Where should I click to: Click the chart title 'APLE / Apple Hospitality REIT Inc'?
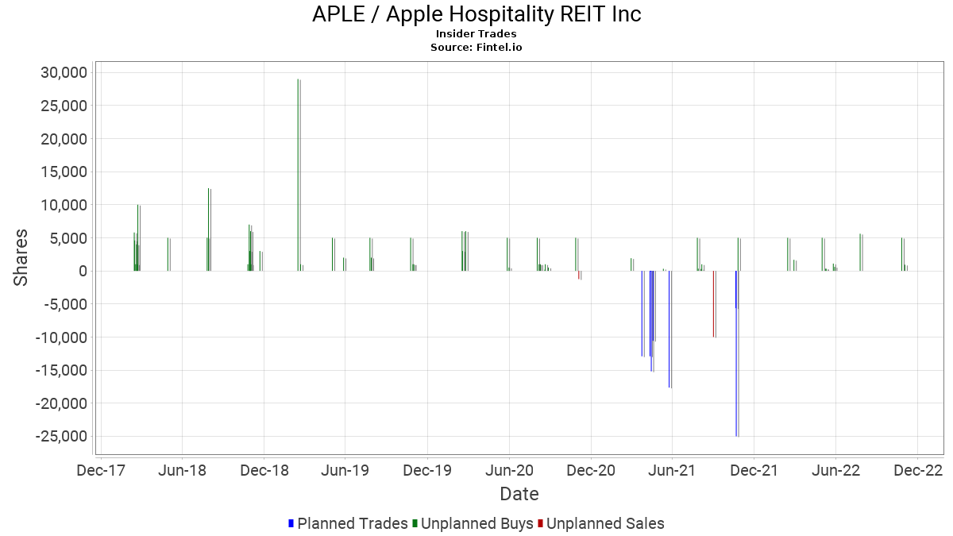[x=476, y=14]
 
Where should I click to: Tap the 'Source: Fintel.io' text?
[x=476, y=48]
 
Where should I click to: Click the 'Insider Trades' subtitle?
[x=476, y=34]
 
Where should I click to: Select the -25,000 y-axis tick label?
[x=61, y=437]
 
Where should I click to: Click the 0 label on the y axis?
[x=83, y=272]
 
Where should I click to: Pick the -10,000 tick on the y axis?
[x=61, y=337]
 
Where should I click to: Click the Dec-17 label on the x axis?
[x=101, y=471]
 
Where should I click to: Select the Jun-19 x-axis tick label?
[x=345, y=471]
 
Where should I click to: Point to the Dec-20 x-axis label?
[x=591, y=471]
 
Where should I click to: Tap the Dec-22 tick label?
[x=917, y=471]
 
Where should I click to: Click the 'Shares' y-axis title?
[x=21, y=258]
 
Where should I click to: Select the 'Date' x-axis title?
[x=519, y=495]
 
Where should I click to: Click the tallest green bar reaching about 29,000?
[x=298, y=175]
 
